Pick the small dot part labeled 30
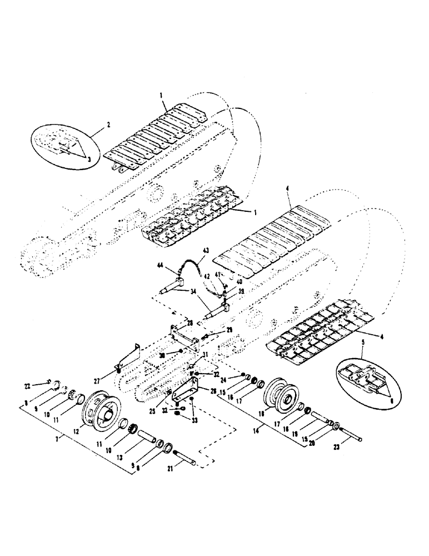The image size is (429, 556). point(182,353)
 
